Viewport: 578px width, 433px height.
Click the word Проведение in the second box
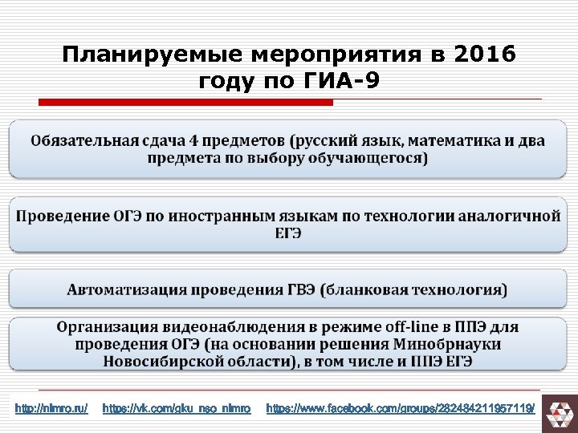63,216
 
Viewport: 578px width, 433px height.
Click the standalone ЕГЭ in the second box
288,233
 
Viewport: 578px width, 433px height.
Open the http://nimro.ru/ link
51,409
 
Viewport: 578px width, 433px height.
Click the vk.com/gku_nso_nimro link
177,409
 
